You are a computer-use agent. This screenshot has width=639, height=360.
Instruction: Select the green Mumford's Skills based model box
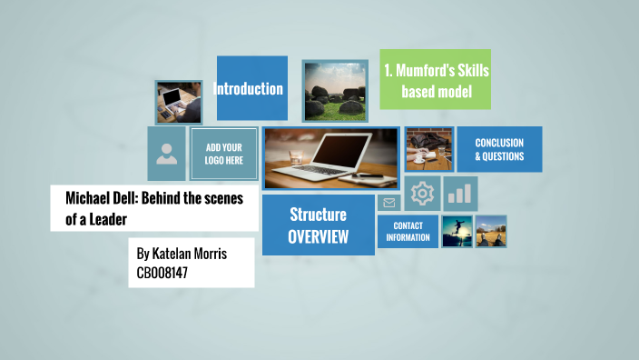(x=435, y=79)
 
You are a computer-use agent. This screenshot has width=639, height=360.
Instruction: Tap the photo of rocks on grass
(x=334, y=92)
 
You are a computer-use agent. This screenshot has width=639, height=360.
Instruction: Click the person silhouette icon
(x=167, y=154)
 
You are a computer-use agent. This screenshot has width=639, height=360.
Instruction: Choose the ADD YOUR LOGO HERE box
(x=223, y=154)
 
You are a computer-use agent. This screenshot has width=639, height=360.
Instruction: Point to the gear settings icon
(x=422, y=194)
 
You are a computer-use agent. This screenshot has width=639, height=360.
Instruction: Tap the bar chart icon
(x=461, y=193)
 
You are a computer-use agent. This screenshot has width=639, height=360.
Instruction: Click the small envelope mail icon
(x=389, y=203)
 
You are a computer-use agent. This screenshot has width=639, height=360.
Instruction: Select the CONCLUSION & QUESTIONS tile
(x=499, y=149)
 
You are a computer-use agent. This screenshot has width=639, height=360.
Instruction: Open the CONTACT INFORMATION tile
(x=408, y=231)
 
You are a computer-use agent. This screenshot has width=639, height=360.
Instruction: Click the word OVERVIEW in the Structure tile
(x=318, y=236)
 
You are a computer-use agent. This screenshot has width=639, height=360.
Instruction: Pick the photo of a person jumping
(x=457, y=231)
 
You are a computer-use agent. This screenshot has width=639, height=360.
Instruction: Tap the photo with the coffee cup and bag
(x=428, y=148)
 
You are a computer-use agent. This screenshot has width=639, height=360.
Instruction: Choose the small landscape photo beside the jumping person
(x=491, y=231)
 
